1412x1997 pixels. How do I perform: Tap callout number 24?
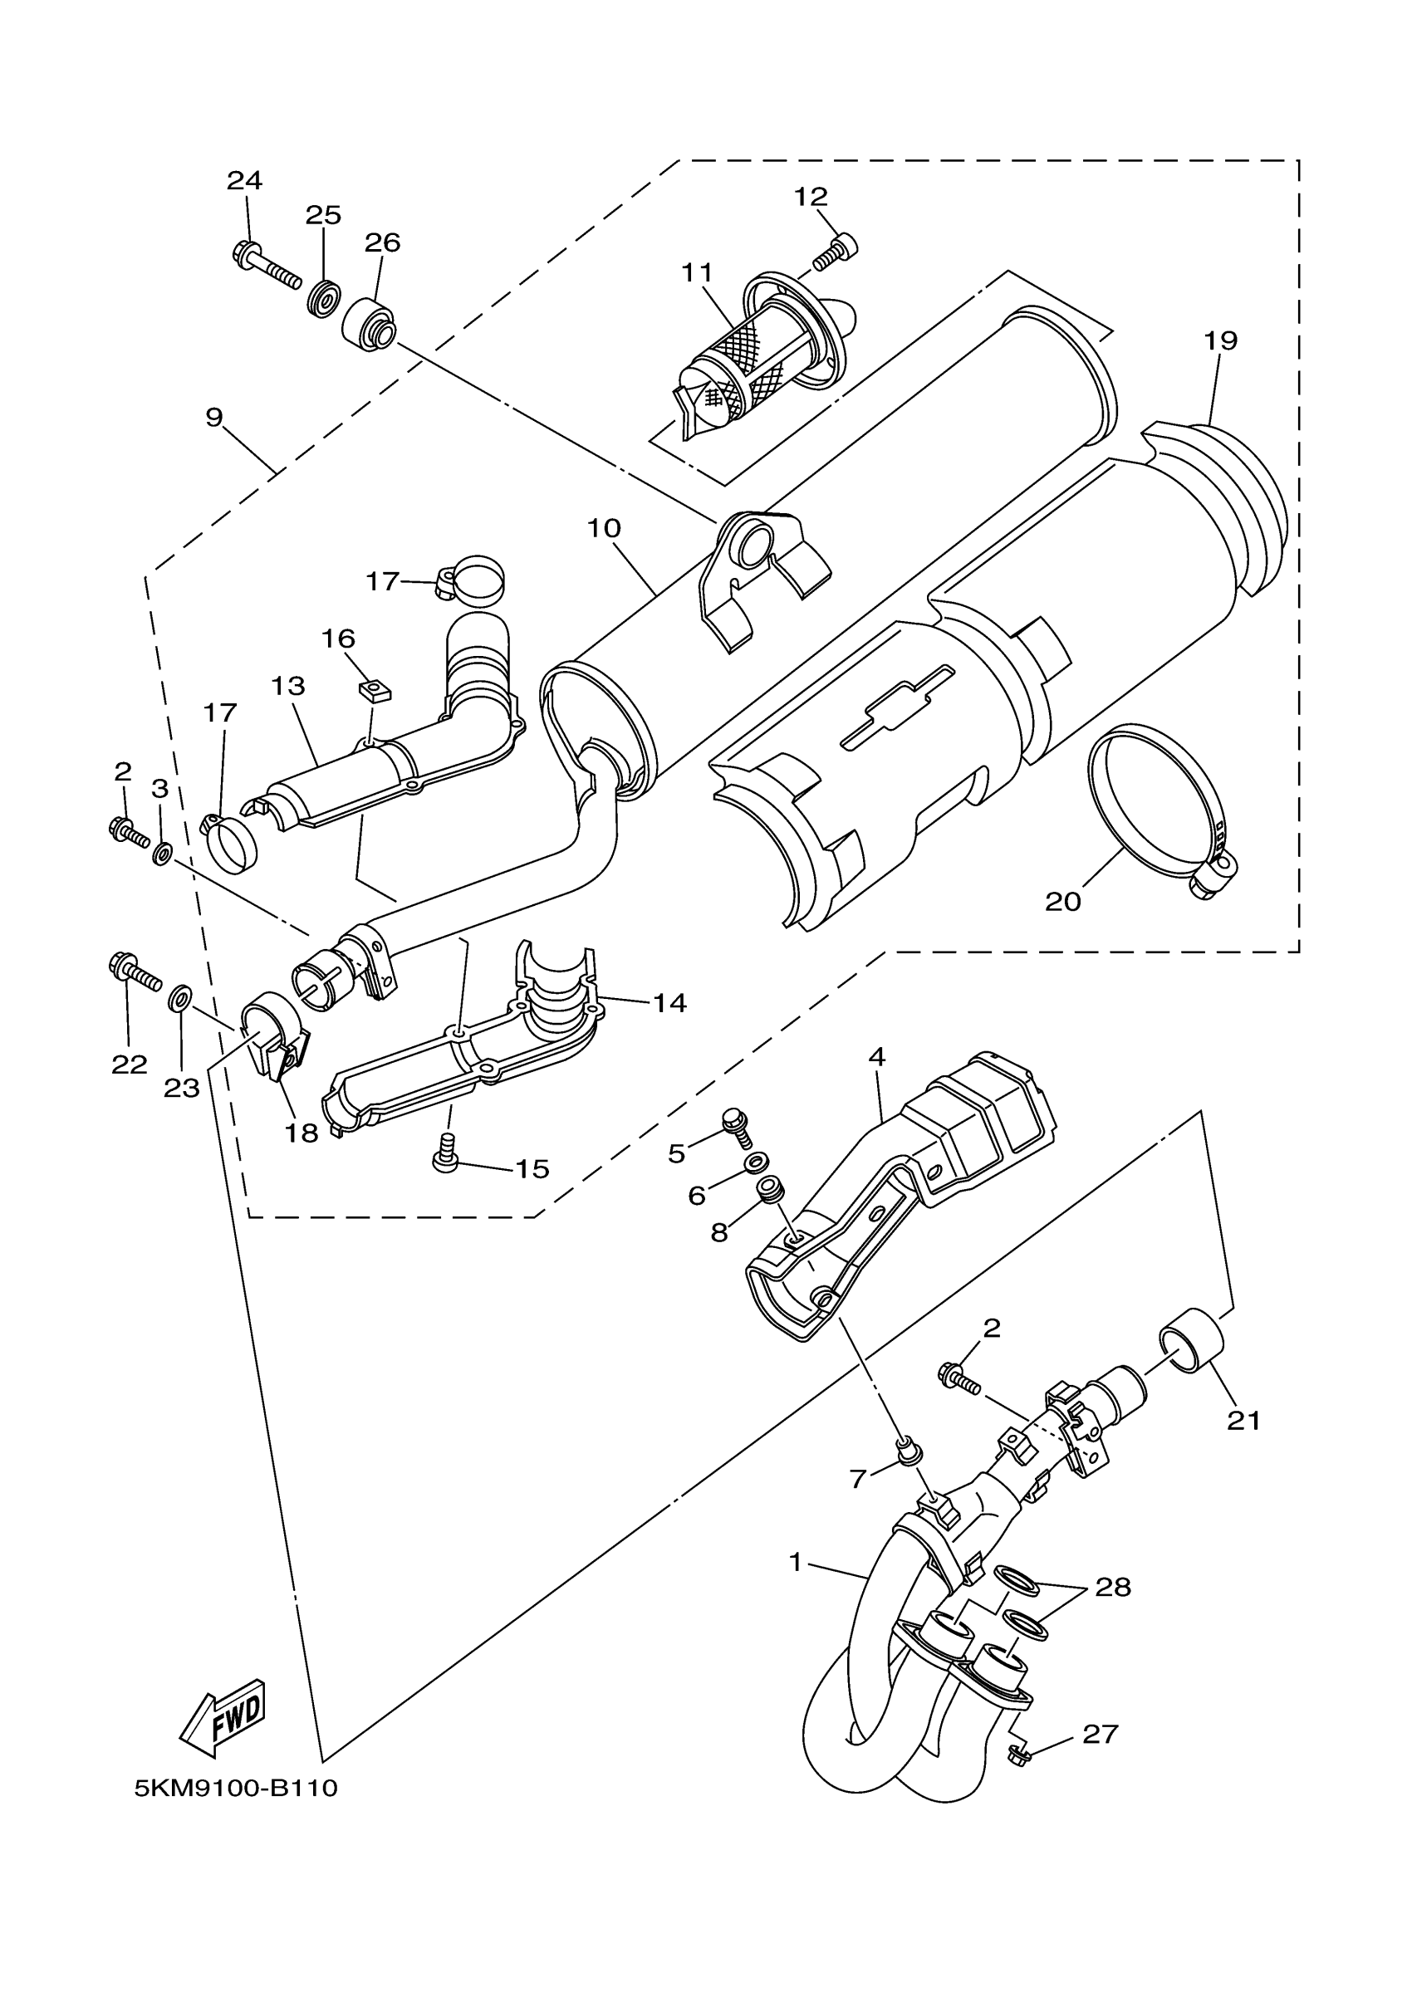tap(244, 181)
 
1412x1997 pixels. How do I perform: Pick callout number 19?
tap(1221, 340)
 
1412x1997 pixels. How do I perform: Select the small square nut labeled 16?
tap(374, 692)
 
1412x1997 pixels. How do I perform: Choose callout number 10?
tap(604, 528)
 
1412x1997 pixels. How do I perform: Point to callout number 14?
tap(670, 1003)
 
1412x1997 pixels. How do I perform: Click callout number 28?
tap(1113, 1588)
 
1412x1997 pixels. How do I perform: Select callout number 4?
tap(876, 1057)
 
